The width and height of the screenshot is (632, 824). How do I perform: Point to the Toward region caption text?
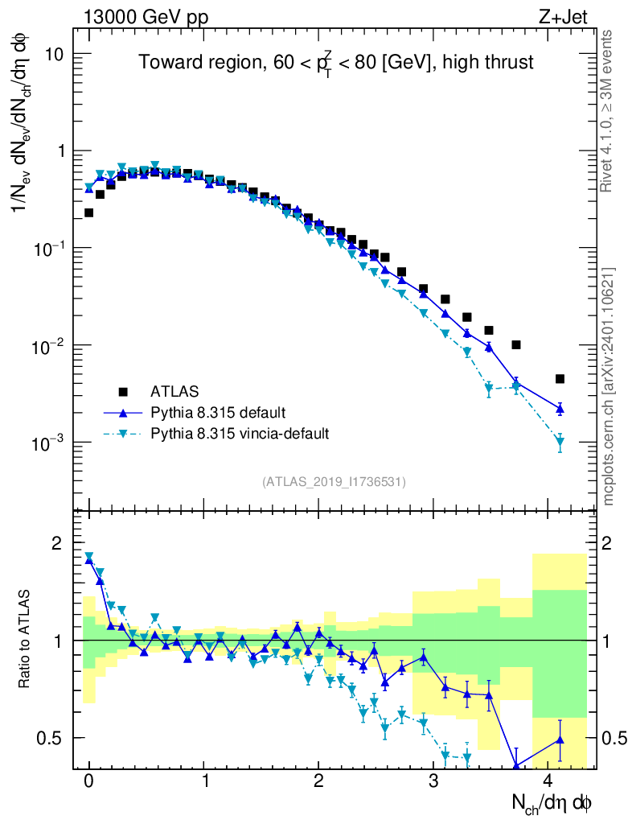coord(335,62)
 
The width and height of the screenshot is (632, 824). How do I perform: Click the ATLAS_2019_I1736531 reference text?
coord(334,482)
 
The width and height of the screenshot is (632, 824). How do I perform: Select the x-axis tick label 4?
coord(548,781)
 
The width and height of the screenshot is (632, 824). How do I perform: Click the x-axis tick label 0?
coord(88,781)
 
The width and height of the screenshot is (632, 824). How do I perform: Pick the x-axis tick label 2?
coord(318,781)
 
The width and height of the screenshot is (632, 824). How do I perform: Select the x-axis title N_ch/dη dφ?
coord(552,804)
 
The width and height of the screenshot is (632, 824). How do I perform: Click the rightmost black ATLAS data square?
coord(560,379)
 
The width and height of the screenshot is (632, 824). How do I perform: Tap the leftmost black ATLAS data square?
coord(88,212)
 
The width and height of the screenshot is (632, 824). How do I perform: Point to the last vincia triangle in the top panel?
coord(560,442)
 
